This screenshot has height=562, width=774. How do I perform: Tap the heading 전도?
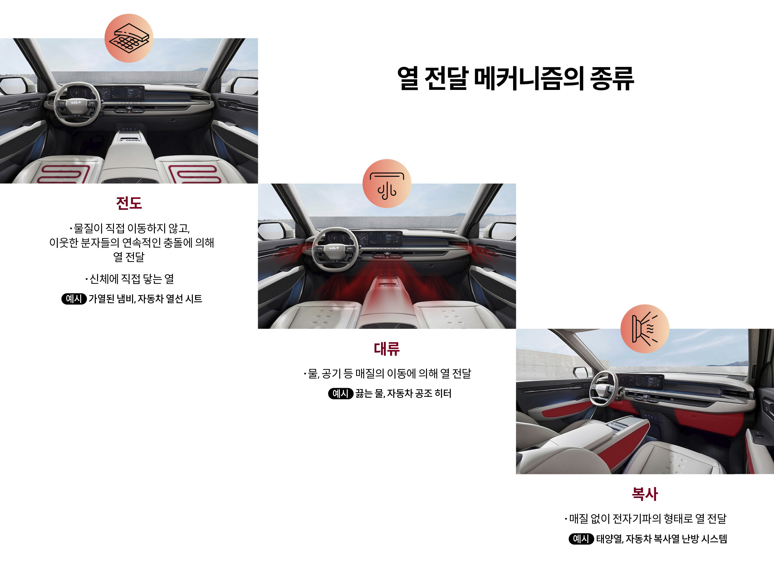click(129, 203)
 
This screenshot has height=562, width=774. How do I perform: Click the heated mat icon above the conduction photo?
click(129, 38)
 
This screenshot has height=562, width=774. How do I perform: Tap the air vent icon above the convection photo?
click(387, 183)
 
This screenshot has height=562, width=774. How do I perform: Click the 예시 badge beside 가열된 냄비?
click(74, 299)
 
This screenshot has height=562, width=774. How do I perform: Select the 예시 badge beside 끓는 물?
click(340, 393)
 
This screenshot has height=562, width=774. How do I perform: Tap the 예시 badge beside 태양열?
click(581, 539)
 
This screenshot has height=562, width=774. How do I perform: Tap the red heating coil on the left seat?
click(63, 174)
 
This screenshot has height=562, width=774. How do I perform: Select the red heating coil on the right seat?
click(194, 174)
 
